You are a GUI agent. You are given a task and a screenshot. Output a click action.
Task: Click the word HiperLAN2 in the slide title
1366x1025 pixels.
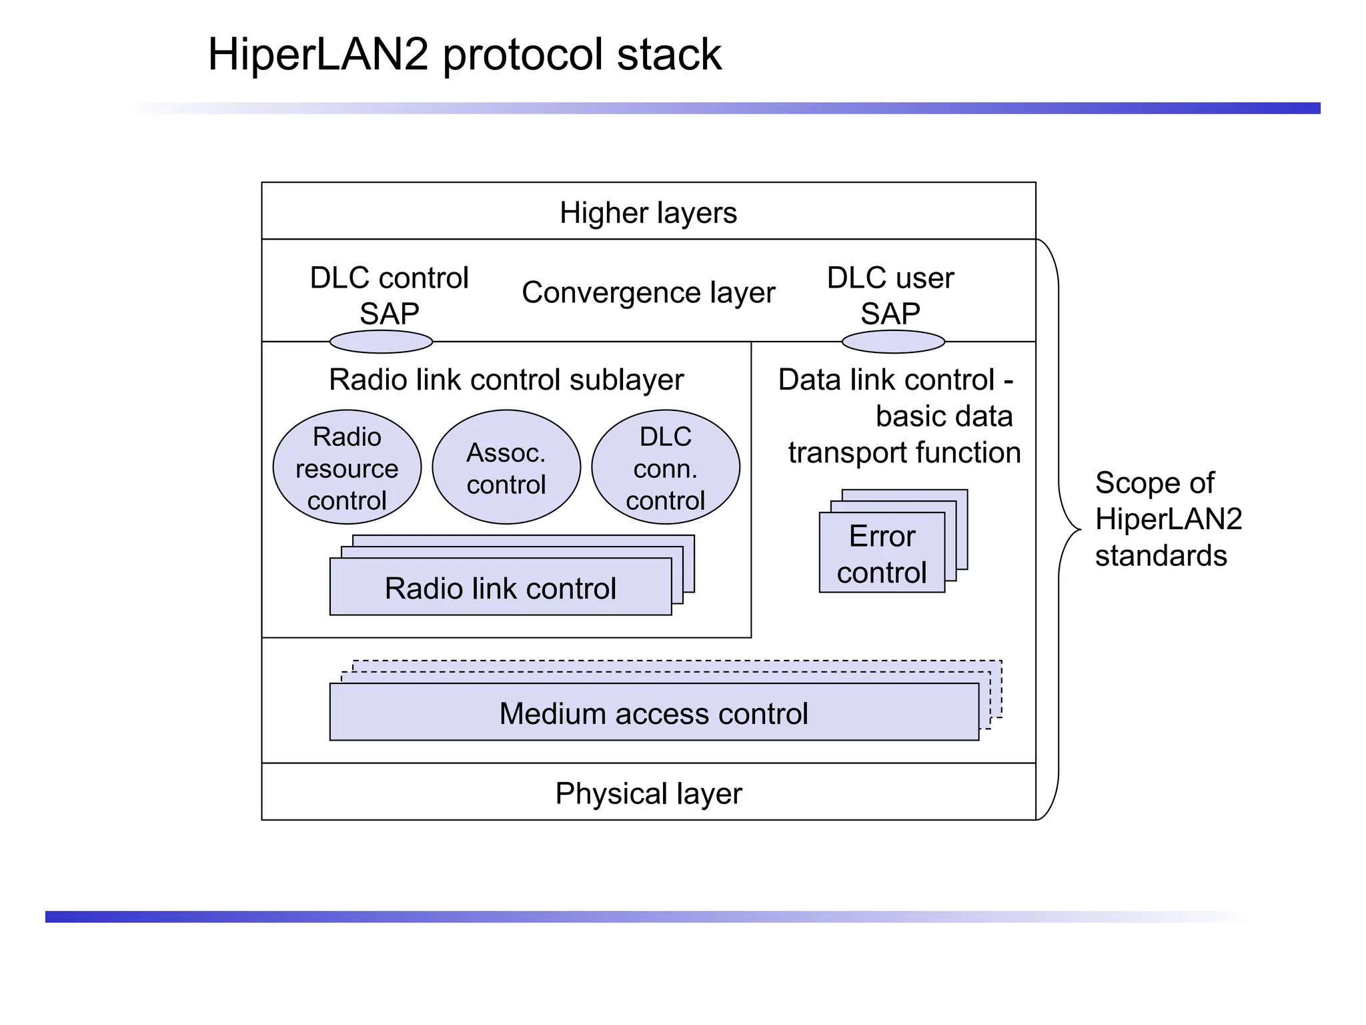318,55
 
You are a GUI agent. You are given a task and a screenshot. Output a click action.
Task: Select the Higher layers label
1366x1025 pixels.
648,213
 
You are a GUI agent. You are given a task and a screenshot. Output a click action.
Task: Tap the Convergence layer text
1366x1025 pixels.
648,292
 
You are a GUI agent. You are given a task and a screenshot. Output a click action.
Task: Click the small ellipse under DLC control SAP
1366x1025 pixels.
381,342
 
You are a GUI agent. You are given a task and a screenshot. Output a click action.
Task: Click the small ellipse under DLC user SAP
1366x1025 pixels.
893,342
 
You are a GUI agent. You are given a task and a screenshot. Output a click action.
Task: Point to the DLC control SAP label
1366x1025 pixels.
389,295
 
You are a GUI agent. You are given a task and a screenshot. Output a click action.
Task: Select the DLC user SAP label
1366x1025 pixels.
890,295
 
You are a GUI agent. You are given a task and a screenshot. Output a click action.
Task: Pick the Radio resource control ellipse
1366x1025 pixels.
347,467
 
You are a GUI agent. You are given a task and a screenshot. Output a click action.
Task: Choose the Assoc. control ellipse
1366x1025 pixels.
506,467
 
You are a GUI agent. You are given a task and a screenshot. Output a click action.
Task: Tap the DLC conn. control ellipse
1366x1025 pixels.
665,467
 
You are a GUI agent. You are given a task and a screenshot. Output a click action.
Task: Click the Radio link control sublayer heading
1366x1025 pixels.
506,380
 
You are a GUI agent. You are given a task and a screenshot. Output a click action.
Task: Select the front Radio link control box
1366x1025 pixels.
500,587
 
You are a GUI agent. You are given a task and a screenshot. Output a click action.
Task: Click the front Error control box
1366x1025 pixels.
881,553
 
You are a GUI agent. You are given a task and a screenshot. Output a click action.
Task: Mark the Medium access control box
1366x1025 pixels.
654,713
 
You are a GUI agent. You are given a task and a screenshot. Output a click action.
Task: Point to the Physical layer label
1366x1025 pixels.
648,793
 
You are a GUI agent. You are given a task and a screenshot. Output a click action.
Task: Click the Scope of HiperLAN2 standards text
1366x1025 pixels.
1168,519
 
